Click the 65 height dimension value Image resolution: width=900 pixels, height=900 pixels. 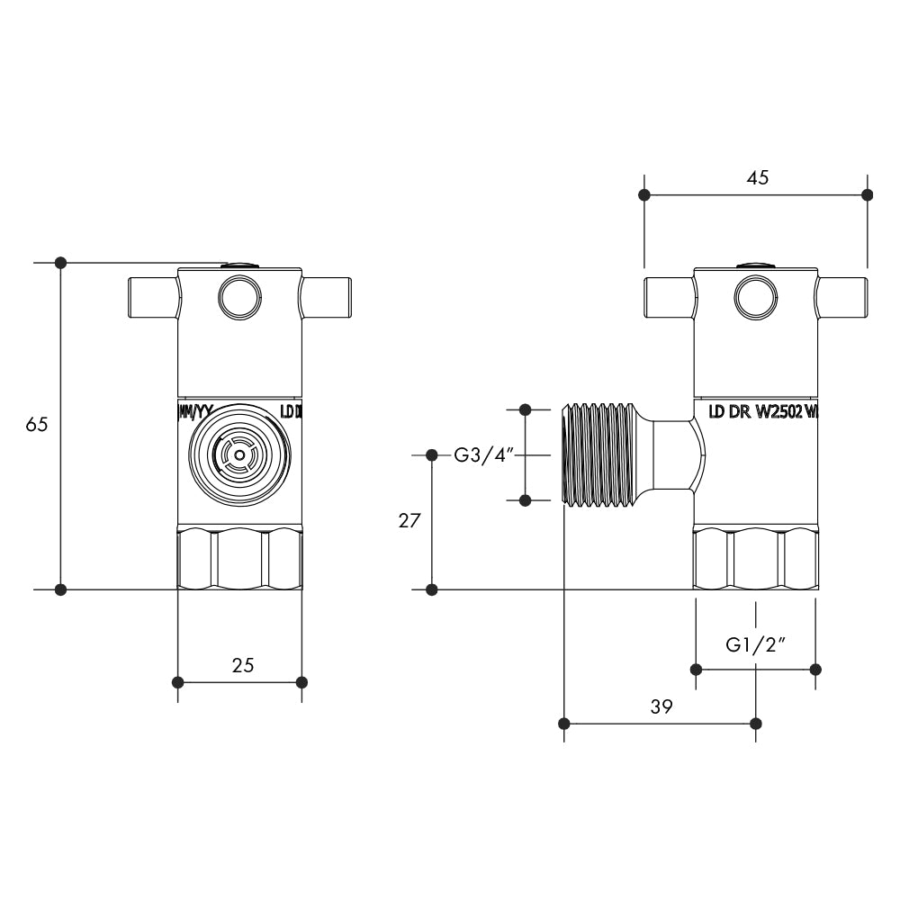[36, 425]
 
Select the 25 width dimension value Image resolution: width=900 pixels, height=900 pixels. [243, 665]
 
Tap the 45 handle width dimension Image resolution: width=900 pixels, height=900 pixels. [758, 177]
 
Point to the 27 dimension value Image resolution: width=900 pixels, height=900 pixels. [409, 521]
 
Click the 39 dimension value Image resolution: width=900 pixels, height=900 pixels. [661, 707]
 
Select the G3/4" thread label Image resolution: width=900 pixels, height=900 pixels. [482, 454]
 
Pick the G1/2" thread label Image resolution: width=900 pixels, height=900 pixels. [756, 644]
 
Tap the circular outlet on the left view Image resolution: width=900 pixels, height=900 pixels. [238, 455]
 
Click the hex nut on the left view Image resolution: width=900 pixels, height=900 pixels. [239, 560]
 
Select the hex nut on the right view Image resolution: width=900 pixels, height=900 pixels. [755, 560]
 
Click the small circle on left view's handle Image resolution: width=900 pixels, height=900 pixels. [240, 296]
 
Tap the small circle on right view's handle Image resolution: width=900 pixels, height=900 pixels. [755, 296]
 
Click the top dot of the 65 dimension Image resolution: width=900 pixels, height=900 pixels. [60, 263]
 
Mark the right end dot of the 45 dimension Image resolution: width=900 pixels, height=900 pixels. [867, 194]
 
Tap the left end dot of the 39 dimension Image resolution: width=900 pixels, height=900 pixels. [564, 724]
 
